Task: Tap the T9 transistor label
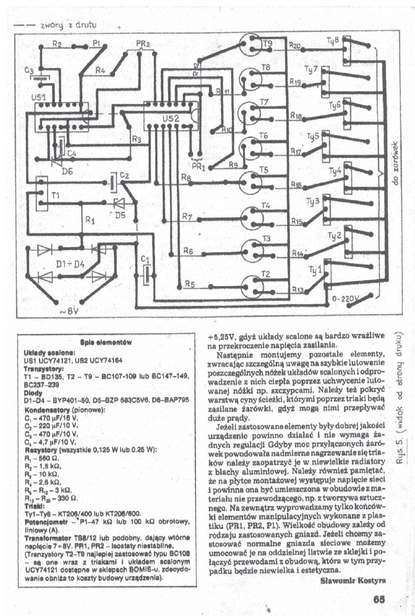268,43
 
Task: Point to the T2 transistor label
265,274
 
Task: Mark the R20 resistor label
295,46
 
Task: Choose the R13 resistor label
298,289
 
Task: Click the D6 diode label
67,171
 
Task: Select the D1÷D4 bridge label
70,264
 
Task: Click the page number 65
378,600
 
